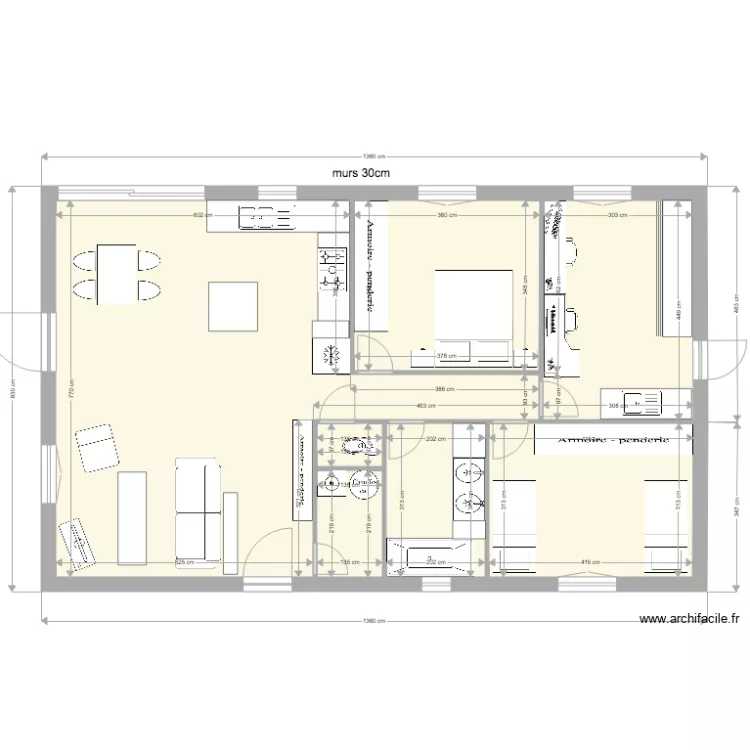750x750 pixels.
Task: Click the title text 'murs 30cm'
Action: pyautogui.click(x=360, y=171)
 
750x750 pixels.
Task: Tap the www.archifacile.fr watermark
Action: pyautogui.click(x=689, y=620)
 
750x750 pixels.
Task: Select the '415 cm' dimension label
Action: pyautogui.click(x=590, y=562)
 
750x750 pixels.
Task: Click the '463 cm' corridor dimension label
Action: pyautogui.click(x=428, y=405)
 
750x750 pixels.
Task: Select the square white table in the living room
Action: pyautogui.click(x=233, y=306)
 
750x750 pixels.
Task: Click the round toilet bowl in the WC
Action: pyautogui.click(x=364, y=485)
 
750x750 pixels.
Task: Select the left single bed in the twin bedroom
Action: pyautogui.click(x=513, y=525)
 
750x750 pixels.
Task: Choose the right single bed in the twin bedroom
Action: pyautogui.click(x=666, y=525)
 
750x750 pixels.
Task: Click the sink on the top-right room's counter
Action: pyautogui.click(x=639, y=404)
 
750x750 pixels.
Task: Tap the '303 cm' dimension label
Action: pyautogui.click(x=616, y=216)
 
